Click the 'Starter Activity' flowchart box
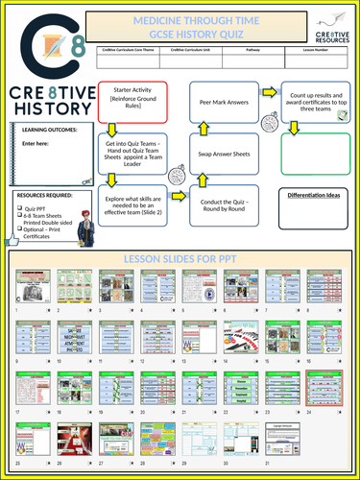pyautogui.click(x=132, y=99)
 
